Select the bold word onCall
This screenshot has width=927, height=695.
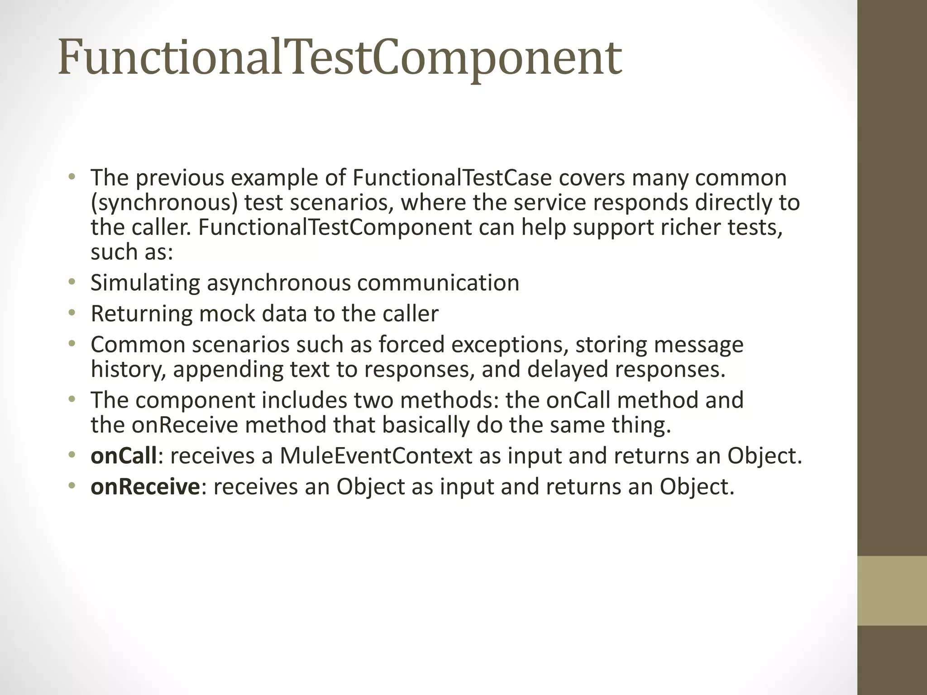point(124,456)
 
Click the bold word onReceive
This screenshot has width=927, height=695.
point(145,487)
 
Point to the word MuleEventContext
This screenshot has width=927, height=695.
point(376,456)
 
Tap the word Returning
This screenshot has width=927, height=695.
point(142,314)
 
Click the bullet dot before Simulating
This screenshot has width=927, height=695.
point(71,283)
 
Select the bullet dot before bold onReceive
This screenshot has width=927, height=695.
point(71,487)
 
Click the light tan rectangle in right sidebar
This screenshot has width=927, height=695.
point(892,590)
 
